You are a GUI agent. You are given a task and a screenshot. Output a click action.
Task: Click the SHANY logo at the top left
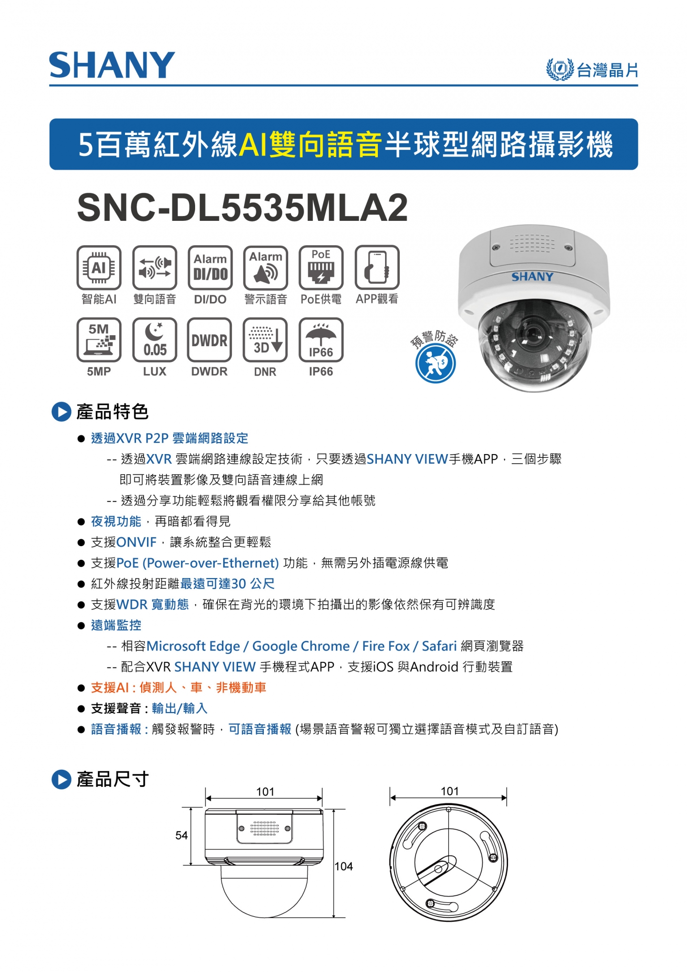click(x=112, y=65)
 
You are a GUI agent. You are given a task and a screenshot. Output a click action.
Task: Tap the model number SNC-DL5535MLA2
click(x=242, y=207)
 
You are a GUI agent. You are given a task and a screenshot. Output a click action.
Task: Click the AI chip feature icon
click(x=99, y=268)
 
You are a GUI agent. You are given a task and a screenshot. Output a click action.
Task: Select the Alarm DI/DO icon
click(x=210, y=268)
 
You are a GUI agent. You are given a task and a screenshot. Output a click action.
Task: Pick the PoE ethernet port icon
click(x=321, y=268)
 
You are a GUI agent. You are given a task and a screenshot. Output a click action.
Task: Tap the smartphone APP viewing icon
click(x=377, y=268)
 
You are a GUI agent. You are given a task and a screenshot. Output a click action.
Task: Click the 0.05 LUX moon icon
click(x=155, y=340)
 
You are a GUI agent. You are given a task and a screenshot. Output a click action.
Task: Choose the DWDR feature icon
click(x=210, y=340)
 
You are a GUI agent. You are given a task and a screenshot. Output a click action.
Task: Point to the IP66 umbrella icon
click(x=321, y=340)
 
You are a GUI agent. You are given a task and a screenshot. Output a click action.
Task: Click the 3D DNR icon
click(x=265, y=340)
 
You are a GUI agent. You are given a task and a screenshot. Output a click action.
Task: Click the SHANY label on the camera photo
click(x=532, y=277)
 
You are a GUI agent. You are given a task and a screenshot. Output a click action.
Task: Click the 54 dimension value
click(x=181, y=835)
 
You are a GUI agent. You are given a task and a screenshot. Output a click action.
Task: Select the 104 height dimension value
click(x=344, y=866)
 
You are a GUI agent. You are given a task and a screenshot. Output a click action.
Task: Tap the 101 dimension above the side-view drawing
click(x=265, y=792)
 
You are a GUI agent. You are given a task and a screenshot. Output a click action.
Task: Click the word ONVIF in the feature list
click(x=136, y=542)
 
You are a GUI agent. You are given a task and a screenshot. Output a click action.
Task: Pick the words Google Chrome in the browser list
click(x=301, y=646)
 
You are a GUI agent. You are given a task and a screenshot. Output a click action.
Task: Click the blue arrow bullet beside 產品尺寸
click(x=61, y=779)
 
